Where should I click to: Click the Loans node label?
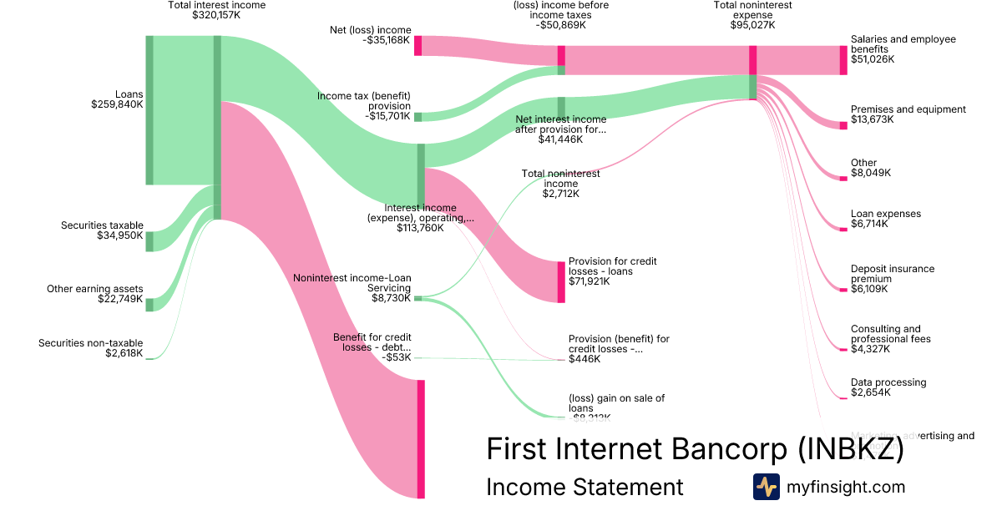click(129, 94)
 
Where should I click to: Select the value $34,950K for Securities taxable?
click(120, 236)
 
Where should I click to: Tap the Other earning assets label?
click(94, 289)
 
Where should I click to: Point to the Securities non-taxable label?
click(90, 343)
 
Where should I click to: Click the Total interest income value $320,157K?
click(216, 15)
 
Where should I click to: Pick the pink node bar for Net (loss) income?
click(417, 45)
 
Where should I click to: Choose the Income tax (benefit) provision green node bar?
click(417, 117)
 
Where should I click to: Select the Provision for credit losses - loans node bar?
click(561, 281)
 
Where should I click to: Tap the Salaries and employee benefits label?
click(903, 44)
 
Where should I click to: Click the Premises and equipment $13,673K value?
click(872, 119)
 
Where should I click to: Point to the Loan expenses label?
click(885, 214)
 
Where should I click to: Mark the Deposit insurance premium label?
click(892, 274)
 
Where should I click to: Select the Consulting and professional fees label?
click(890, 334)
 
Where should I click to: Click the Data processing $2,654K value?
click(871, 392)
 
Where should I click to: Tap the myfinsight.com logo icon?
click(766, 487)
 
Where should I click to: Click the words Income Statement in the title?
click(584, 487)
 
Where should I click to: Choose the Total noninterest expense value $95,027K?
click(752, 25)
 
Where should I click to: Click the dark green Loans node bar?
click(149, 110)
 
